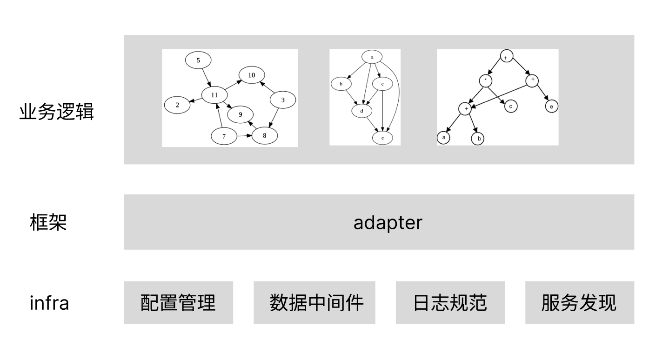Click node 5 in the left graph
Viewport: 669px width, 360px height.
point(198,60)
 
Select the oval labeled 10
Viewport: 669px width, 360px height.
point(252,75)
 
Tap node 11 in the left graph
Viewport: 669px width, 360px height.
point(214,95)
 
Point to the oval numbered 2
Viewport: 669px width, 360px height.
point(177,105)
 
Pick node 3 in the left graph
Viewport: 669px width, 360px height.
point(283,100)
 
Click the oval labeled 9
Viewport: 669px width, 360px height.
point(241,114)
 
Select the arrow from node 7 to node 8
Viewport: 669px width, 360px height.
point(244,136)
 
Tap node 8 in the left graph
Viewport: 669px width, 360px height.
point(264,136)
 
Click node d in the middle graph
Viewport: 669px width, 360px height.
point(361,111)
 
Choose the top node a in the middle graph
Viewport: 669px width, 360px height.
point(372,57)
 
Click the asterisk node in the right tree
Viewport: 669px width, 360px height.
point(486,80)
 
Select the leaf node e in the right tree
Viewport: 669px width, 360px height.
point(551,107)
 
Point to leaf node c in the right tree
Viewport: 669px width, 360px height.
point(510,106)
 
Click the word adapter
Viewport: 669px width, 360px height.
point(388,222)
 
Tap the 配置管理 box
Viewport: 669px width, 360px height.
point(178,302)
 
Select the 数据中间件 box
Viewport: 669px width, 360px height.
point(314,302)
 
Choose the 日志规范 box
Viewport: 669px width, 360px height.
point(450,302)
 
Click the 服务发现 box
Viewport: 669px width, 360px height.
point(579,302)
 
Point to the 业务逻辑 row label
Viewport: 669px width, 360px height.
point(56,112)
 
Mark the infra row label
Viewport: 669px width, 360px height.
point(49,303)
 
